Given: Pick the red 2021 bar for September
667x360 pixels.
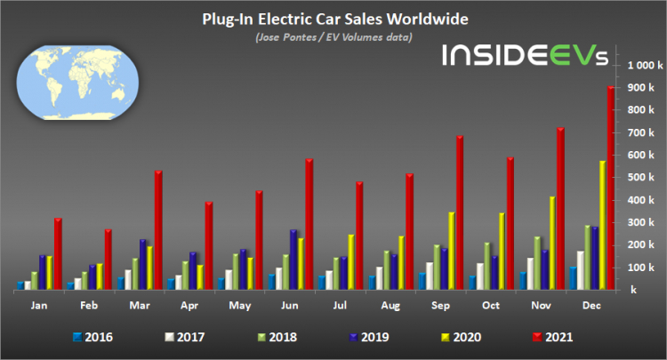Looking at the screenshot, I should pos(460,212).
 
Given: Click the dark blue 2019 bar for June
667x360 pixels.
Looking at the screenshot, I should pos(293,260).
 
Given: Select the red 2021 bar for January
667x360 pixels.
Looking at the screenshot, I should pos(57,253).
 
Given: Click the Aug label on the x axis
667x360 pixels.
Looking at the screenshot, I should pos(390,304).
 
